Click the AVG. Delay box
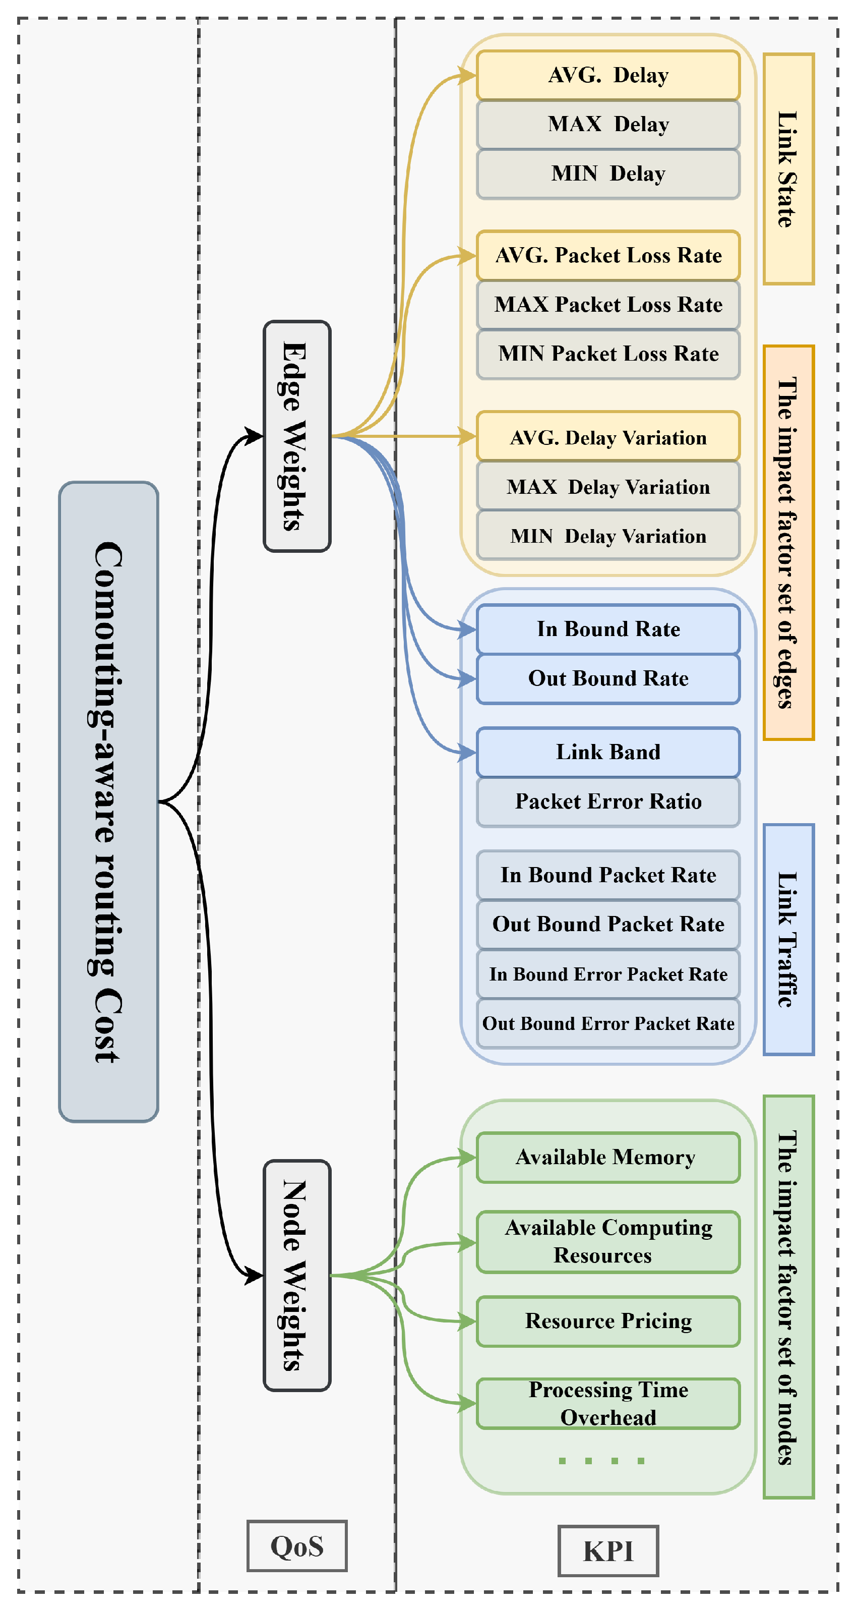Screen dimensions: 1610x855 point(607,75)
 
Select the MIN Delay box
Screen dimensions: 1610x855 point(607,173)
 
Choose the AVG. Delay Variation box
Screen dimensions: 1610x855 point(607,437)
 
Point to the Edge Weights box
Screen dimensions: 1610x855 point(296,436)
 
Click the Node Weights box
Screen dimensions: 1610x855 point(296,1275)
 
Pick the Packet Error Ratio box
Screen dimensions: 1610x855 point(607,801)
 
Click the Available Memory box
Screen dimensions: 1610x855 point(607,1157)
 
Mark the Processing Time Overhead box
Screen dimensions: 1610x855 point(607,1403)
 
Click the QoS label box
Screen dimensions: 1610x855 point(296,1545)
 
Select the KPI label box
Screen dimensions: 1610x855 point(607,1550)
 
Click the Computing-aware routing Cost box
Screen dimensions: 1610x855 point(108,801)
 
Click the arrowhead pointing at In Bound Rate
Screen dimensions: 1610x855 point(467,629)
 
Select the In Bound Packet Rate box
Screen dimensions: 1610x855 point(607,875)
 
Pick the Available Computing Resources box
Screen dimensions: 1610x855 point(607,1242)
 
